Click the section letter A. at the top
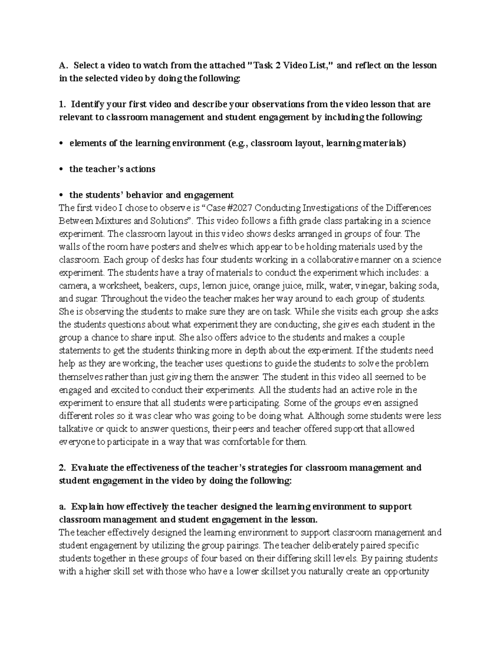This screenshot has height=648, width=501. pos(63,66)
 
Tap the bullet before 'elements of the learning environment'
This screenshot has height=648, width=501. pos(62,144)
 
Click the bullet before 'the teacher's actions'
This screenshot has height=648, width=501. pos(62,169)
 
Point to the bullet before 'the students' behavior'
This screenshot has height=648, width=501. pos(62,195)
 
